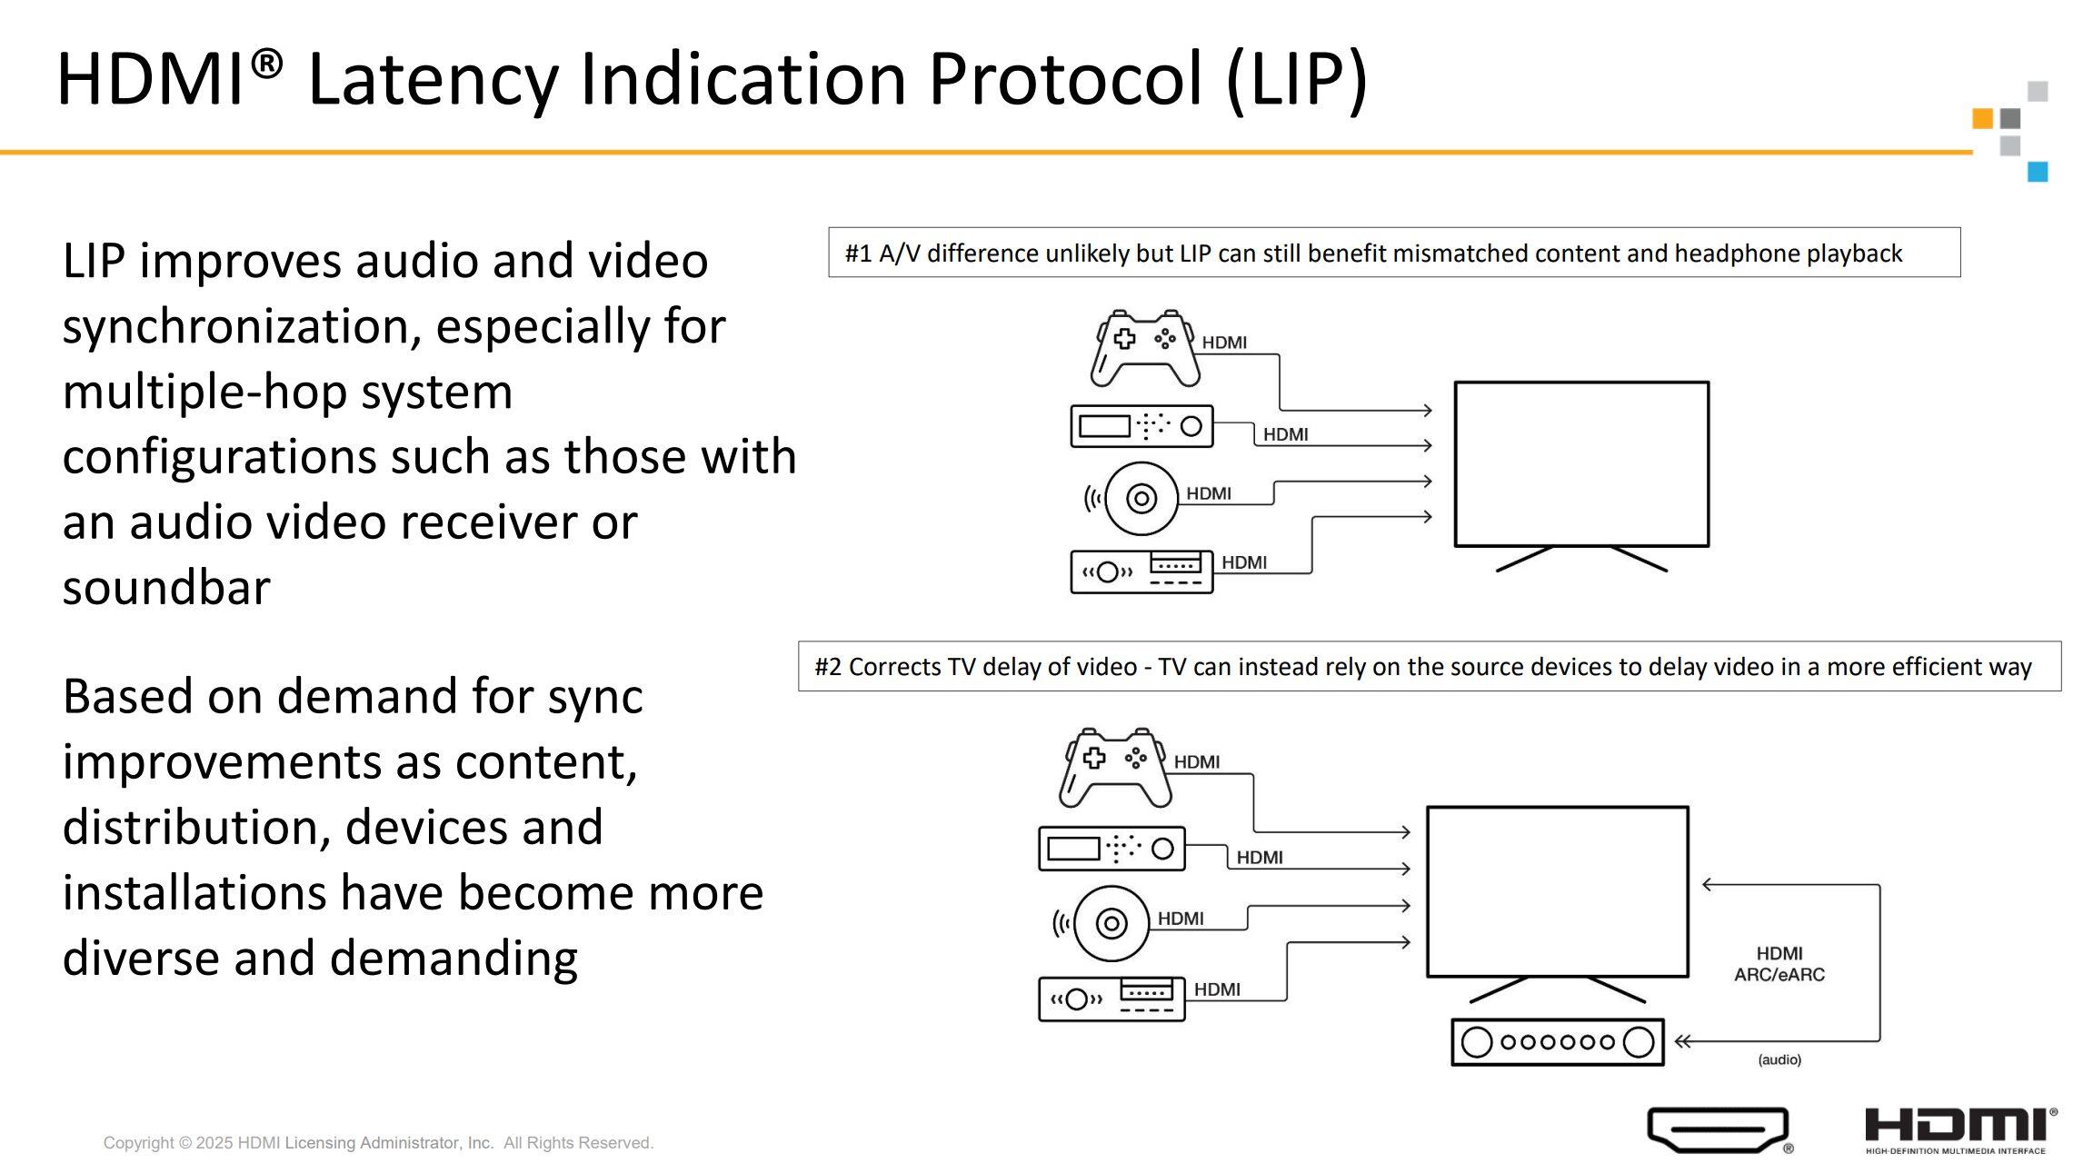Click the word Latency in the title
[x=433, y=80]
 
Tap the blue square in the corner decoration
[x=2038, y=172]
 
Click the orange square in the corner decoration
[x=1982, y=118]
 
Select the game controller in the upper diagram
[x=1145, y=349]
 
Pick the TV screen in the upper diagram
[x=1581, y=464]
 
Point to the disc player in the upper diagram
[x=1141, y=498]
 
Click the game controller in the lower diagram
[x=1115, y=768]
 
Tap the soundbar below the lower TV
[x=1557, y=1042]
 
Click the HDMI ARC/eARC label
[x=1779, y=964]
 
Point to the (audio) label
[x=1779, y=1059]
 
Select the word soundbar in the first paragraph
[x=166, y=588]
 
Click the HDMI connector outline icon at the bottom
[x=1719, y=1129]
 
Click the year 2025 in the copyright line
[x=214, y=1143]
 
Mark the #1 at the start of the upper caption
[x=858, y=253]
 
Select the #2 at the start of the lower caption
[x=828, y=667]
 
